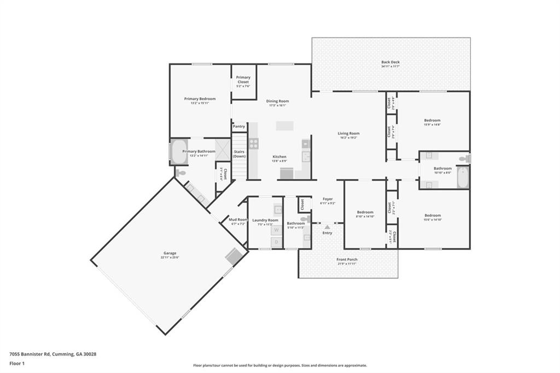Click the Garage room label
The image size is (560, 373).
point(170,253)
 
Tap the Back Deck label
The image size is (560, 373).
point(390,62)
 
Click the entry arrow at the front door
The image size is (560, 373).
point(327,226)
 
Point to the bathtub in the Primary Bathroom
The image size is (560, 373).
point(179,153)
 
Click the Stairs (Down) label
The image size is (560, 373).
point(239,154)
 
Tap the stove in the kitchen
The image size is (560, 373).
point(254,144)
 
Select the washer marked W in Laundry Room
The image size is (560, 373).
point(276,230)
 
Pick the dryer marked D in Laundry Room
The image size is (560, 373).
point(276,242)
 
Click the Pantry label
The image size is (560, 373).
point(239,126)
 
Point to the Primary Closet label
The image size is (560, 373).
point(243,80)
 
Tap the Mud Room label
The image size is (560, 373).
point(238,219)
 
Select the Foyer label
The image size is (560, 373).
point(328,199)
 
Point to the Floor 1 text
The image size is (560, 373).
point(17,363)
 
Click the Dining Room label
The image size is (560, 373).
point(277,101)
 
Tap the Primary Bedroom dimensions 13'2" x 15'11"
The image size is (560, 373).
point(200,103)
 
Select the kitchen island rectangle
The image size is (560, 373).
point(284,126)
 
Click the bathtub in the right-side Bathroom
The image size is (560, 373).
point(463,177)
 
